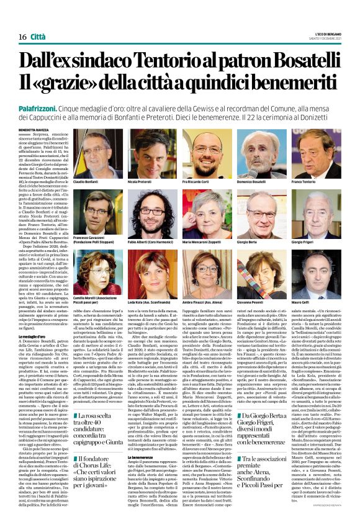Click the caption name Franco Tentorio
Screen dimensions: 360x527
point(304,182)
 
